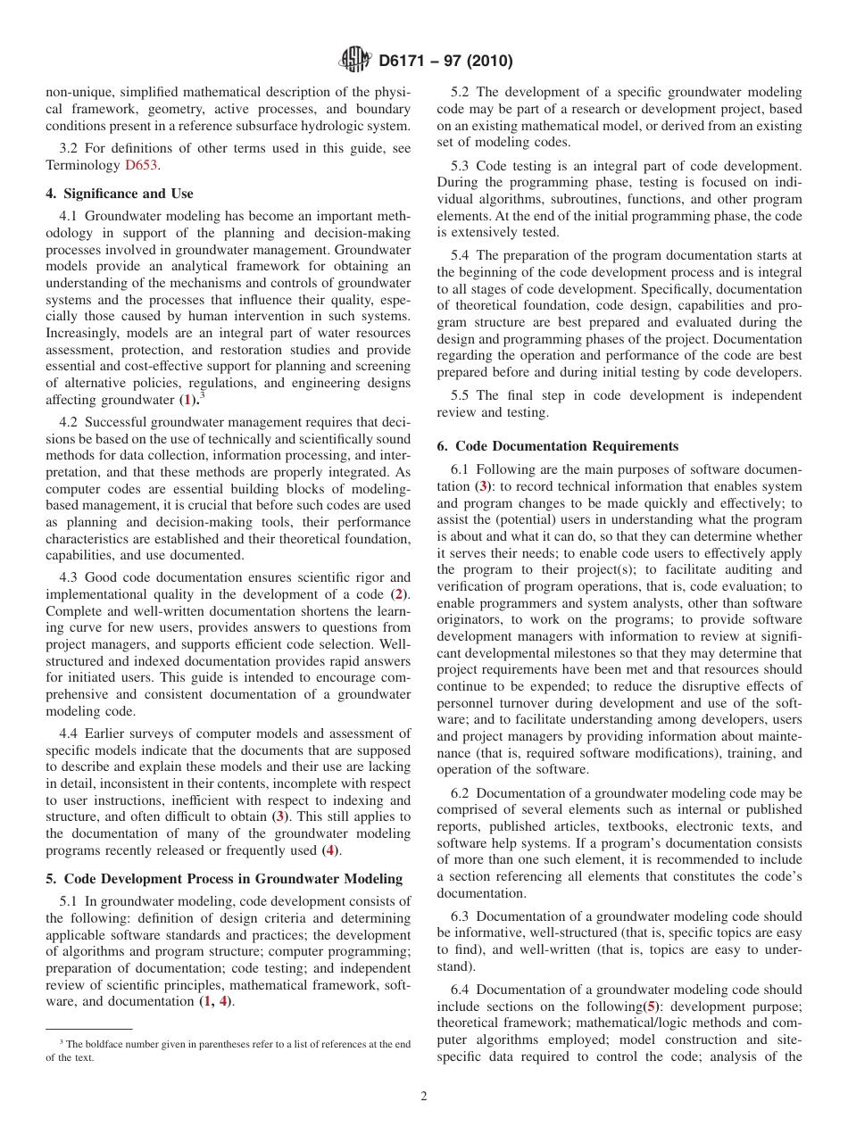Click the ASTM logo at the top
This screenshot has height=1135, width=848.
tap(355, 61)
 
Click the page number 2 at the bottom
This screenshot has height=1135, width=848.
tap(424, 1097)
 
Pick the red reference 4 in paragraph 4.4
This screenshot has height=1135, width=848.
tap(330, 850)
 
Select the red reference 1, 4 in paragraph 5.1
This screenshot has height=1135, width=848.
tap(214, 1001)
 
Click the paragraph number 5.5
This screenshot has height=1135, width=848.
tap(463, 395)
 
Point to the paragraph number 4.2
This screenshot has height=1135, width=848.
tap(71, 421)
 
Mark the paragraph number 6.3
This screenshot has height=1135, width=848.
tap(463, 916)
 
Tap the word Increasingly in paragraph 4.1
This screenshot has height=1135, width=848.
tap(85, 333)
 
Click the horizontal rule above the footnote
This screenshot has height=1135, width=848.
tap(88, 1029)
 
